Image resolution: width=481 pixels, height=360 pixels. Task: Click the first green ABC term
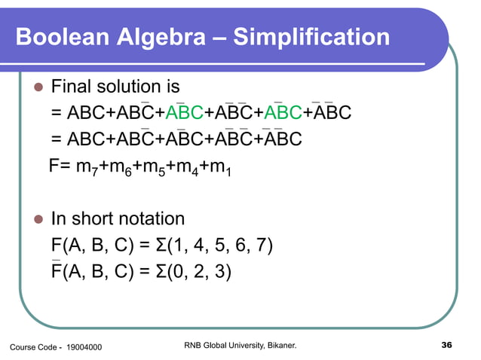184,114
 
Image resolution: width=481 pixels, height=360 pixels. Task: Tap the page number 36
445,345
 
